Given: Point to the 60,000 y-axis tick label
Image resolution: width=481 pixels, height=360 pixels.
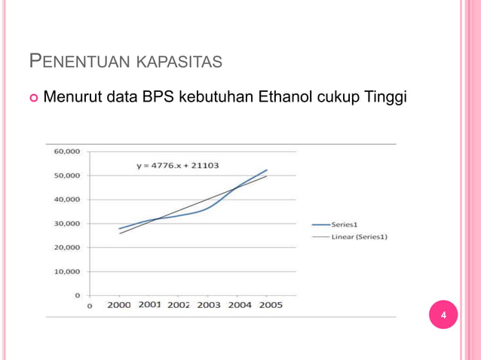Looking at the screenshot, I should tap(67, 151).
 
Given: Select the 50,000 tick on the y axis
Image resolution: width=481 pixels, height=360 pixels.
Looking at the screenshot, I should tap(67, 175).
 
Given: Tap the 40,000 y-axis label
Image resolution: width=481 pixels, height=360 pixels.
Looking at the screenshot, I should tap(67, 200).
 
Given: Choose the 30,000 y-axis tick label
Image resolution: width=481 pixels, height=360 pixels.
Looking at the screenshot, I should tap(67, 224).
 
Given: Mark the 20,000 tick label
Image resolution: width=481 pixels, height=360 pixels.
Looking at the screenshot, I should tap(67, 248).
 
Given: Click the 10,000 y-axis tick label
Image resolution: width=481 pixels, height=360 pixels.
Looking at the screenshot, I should tap(67, 272).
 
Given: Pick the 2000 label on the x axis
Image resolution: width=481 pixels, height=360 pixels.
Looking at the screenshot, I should tap(119, 305).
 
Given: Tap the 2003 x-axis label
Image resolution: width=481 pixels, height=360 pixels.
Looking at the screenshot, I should tap(209, 305).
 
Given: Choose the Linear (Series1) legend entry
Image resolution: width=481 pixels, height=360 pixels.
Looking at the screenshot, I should tap(360, 236).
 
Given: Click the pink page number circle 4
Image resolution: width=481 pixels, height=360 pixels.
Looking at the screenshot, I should tap(443, 315).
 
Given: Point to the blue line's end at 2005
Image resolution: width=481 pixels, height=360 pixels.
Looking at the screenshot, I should tap(267, 170).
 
